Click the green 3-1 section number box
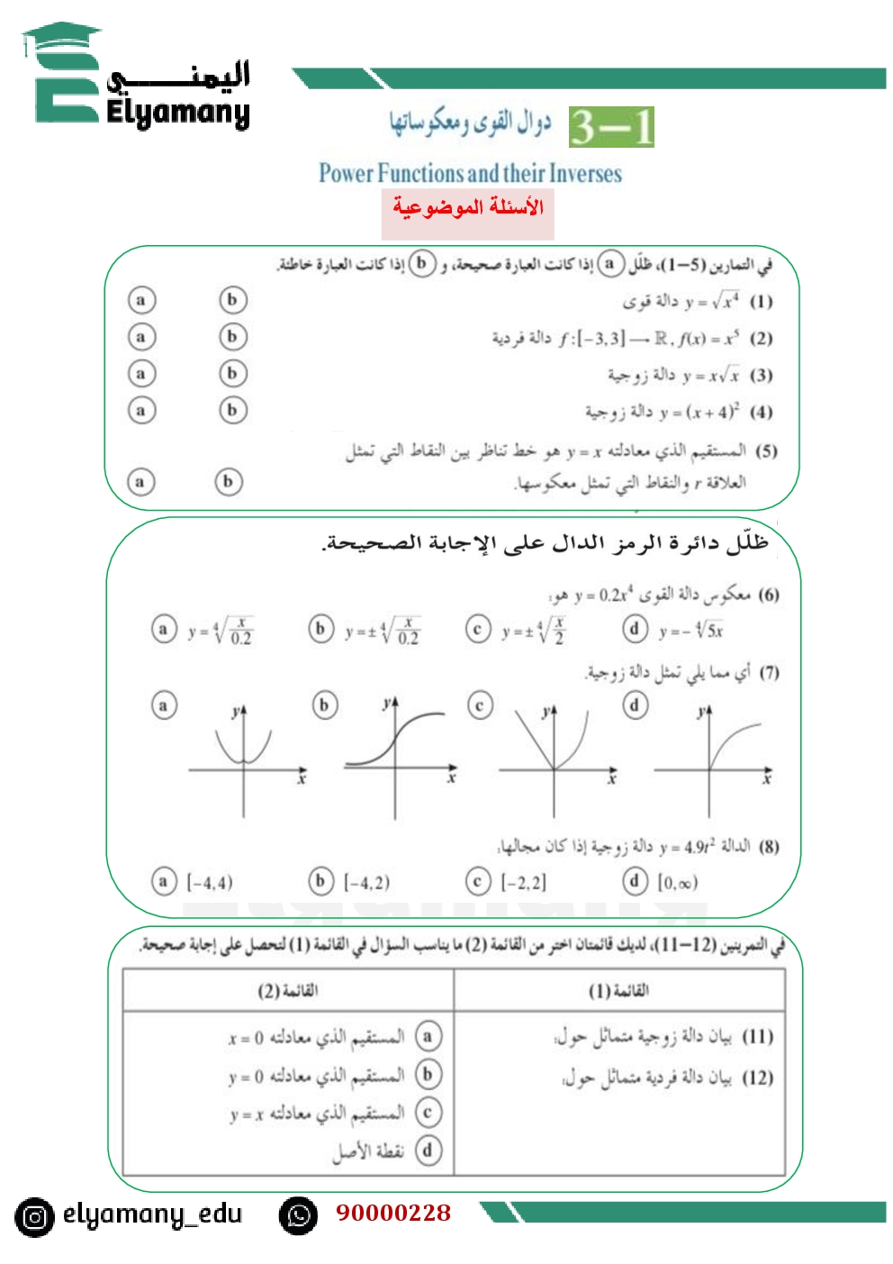611,127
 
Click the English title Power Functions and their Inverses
470,173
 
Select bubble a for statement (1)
140,300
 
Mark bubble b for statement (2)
233,337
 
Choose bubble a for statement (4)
140,411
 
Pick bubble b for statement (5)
229,482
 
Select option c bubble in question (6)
478,629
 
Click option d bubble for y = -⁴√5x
635,628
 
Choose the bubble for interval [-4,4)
163,881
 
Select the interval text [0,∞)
677,883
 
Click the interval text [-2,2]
523,883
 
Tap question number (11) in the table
757,1037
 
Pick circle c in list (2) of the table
428,1113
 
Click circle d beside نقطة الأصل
428,1150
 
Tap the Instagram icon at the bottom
34,1217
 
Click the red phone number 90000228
393,1213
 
